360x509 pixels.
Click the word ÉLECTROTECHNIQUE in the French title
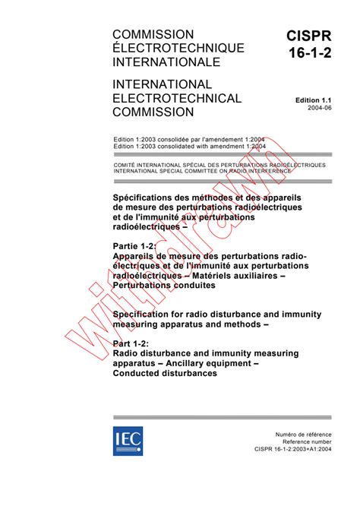click(178, 49)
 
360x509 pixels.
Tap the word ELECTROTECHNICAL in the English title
click(176, 98)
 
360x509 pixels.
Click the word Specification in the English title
click(142, 315)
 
